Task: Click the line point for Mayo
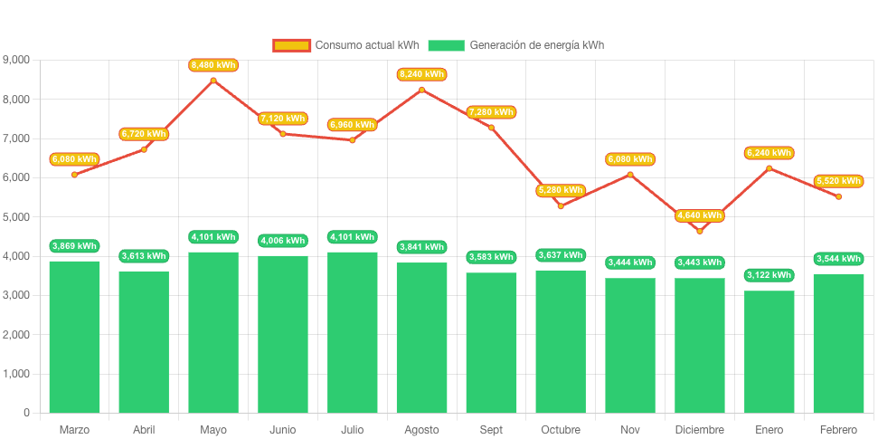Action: (213, 81)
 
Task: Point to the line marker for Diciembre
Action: (700, 231)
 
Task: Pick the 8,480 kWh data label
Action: (213, 65)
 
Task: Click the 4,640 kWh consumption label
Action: (700, 215)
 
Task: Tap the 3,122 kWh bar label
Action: (769, 275)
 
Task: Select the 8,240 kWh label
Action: (421, 74)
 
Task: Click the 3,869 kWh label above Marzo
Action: (74, 246)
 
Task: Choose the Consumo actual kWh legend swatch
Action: (292, 45)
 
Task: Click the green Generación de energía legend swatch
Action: (446, 45)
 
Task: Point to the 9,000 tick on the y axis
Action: (16, 60)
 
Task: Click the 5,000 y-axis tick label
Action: (16, 217)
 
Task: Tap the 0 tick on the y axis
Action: (26, 413)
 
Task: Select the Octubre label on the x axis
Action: (561, 429)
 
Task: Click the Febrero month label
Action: (838, 429)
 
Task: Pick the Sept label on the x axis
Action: (491, 429)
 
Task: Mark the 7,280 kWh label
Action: (491, 112)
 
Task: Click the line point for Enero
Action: (769, 167)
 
